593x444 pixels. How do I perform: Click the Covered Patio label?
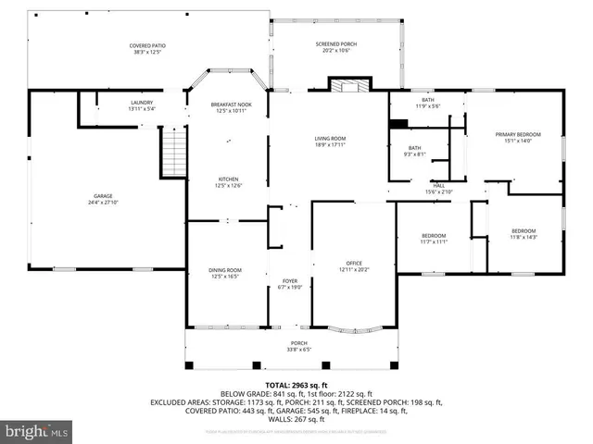pos(146,48)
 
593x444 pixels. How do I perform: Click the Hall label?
pos(438,188)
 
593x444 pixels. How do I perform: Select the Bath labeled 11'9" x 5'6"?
pos(427,103)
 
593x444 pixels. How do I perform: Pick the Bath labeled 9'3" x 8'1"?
pos(415,151)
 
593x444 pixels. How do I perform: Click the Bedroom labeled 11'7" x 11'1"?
pos(434,238)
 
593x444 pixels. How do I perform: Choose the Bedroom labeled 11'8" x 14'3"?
pos(524,233)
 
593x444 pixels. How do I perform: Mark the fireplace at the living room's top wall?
pos(349,86)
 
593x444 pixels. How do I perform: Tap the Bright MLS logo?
pos(37,431)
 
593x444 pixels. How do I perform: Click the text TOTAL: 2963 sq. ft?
pos(296,385)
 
